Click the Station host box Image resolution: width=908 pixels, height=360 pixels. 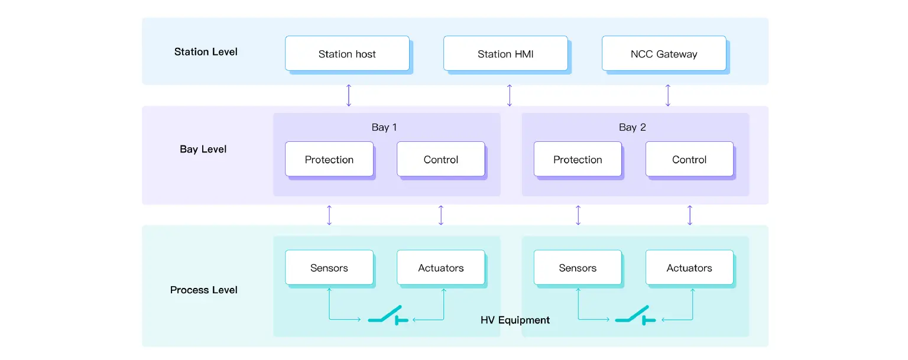[x=347, y=54]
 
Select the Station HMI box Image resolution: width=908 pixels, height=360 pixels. [x=505, y=54]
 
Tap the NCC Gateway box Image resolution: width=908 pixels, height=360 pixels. [x=664, y=54]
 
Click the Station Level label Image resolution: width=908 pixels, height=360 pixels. [x=206, y=51]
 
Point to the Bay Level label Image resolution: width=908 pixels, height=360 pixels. [x=203, y=149]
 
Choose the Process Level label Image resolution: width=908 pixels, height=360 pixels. [x=204, y=290]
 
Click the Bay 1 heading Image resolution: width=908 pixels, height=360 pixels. [x=384, y=127]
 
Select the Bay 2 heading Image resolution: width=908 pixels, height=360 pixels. [x=633, y=127]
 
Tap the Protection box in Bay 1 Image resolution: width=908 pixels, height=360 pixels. [x=329, y=159]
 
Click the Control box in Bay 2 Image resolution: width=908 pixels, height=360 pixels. [x=689, y=159]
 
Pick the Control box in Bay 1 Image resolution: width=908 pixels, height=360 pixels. [x=441, y=159]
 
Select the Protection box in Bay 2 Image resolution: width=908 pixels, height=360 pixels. [x=578, y=159]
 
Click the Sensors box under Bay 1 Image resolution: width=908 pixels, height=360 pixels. [x=329, y=268]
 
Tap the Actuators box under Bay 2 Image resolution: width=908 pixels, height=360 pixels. [x=689, y=268]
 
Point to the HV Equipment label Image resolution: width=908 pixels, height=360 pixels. [x=515, y=320]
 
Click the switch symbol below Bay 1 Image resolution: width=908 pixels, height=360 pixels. [x=387, y=316]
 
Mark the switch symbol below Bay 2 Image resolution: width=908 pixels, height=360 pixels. [x=634, y=316]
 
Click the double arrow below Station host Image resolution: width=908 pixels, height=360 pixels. [x=349, y=95]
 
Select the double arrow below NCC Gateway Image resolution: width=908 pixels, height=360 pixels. [x=668, y=95]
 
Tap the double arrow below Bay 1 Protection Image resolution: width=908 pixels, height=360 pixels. [x=329, y=215]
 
